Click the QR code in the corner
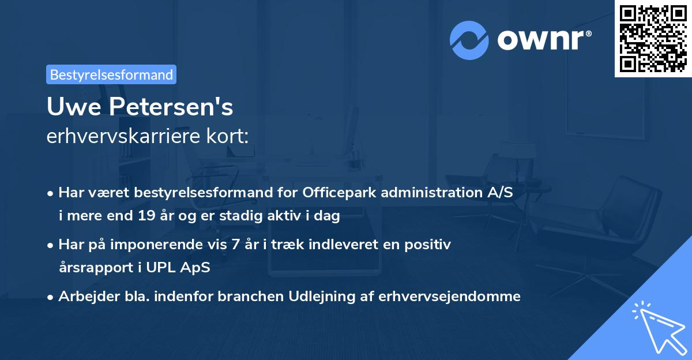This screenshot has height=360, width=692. point(653,39)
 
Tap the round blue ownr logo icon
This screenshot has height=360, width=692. point(469,40)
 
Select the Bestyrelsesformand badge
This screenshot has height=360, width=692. point(111,74)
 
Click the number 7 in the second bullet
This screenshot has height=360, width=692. point(235,245)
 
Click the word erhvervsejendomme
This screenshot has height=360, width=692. point(450,297)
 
